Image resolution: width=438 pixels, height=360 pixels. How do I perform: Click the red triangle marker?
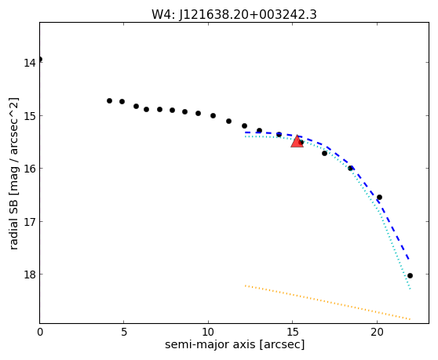tap(297, 142)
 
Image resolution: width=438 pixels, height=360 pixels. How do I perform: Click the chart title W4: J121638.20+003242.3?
tap(234, 14)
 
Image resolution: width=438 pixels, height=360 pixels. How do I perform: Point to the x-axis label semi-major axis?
tap(210, 344)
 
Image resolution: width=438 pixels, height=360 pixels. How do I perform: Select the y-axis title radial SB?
tap(13, 222)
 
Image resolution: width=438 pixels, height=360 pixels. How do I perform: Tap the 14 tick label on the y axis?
tap(30, 63)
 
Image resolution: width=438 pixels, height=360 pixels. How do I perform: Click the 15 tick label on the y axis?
tap(30, 115)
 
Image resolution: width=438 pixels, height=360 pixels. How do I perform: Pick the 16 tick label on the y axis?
tap(30, 169)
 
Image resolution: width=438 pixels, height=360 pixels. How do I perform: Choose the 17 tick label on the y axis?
tap(30, 222)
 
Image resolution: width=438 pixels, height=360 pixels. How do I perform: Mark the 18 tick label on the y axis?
tap(30, 275)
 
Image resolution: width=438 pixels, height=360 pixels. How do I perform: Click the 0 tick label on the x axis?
tap(40, 332)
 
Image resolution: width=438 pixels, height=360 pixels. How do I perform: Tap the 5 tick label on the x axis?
tap(124, 332)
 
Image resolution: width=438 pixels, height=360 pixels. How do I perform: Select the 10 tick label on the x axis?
tap(208, 332)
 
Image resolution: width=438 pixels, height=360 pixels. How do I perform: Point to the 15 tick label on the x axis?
tap(293, 332)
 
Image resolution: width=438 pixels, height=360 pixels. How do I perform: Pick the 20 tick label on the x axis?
tap(377, 332)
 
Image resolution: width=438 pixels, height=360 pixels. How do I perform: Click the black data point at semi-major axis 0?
tap(40, 59)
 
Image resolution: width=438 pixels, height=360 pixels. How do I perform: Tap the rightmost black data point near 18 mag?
tap(410, 276)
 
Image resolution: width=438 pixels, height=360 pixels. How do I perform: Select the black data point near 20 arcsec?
tap(379, 198)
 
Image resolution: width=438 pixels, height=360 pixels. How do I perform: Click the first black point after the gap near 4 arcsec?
tap(110, 100)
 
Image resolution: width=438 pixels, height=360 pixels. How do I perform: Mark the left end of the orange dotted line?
tap(245, 285)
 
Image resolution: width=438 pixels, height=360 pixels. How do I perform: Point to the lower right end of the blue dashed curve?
tap(409, 260)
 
